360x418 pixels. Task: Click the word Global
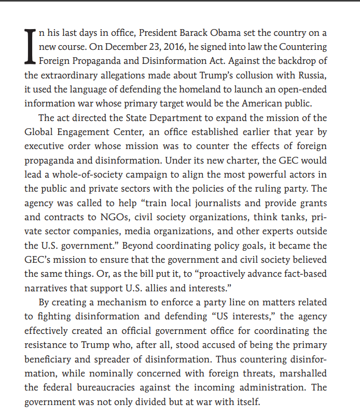[x=38, y=131]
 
